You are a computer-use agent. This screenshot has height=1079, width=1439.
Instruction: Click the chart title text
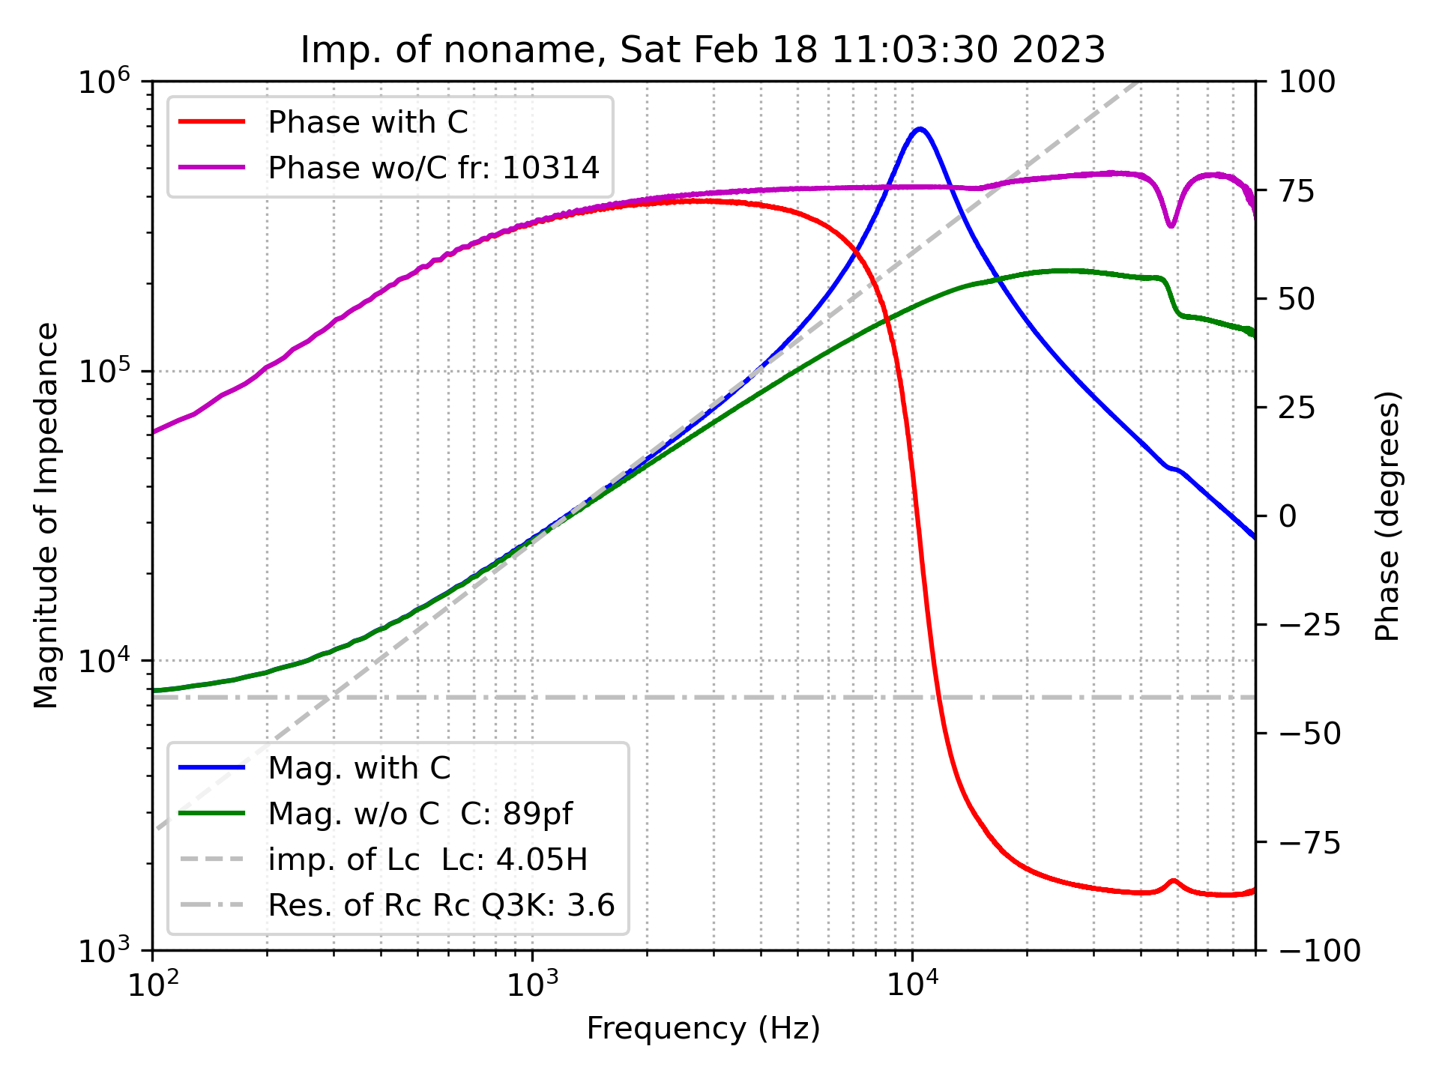[702, 50]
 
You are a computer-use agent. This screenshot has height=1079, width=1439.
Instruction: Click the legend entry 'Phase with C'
[367, 122]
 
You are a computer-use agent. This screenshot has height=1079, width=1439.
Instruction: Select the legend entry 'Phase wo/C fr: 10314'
[433, 168]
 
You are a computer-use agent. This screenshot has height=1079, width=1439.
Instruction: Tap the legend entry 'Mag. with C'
[359, 768]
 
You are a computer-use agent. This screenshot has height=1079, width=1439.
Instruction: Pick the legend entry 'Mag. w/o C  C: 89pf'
[420, 814]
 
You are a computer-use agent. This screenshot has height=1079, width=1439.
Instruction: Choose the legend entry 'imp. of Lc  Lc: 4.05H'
[427, 859]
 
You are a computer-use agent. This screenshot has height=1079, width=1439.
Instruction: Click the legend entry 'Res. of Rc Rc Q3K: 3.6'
[441, 905]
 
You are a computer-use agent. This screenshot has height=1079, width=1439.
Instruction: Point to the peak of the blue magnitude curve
[920, 129]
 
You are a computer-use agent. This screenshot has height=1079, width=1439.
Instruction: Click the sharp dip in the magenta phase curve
[1171, 225]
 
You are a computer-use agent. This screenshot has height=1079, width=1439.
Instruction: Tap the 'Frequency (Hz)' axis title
[702, 1029]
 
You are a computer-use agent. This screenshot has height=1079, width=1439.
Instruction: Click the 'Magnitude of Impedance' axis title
[46, 516]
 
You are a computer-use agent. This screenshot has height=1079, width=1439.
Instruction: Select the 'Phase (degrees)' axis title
[1387, 516]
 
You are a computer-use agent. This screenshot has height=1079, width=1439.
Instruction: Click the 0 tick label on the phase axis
[1286, 516]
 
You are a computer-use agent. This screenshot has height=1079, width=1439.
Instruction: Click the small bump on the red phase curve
[1173, 882]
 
